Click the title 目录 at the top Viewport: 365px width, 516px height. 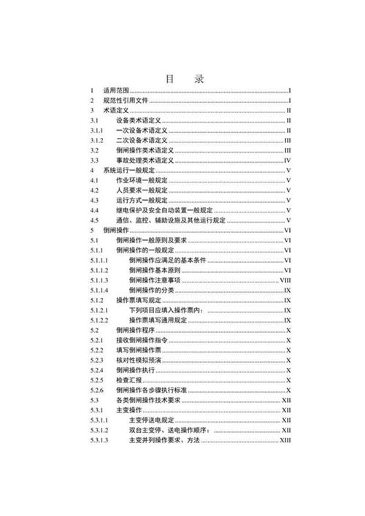point(184,79)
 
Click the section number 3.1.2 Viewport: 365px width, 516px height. point(96,139)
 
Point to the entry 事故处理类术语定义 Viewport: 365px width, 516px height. point(145,160)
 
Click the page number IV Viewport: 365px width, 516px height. point(288,160)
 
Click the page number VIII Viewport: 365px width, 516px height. point(285,280)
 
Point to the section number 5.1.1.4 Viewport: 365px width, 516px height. point(99,290)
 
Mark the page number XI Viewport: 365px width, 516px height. point(288,390)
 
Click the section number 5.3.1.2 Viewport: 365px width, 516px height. point(99,431)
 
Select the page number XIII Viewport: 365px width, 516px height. point(285,442)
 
